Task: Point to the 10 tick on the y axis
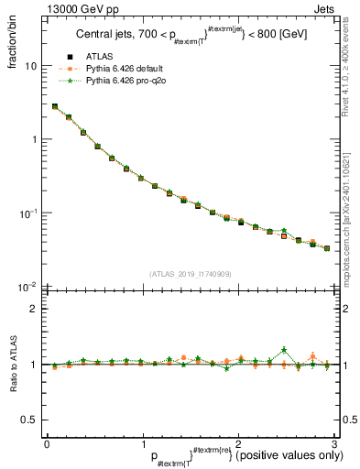30,66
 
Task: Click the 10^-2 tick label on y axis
27,287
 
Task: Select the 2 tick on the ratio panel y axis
33,309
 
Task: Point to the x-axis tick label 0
47,444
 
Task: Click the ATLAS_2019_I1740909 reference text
190,274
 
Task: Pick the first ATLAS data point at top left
55,106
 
